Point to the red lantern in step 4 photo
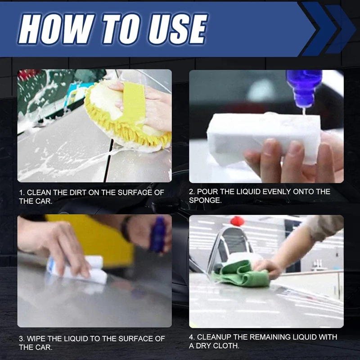pos(237,221)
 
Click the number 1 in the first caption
pos(21,193)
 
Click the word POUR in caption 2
pos(209,192)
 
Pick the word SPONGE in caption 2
pos(205,200)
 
